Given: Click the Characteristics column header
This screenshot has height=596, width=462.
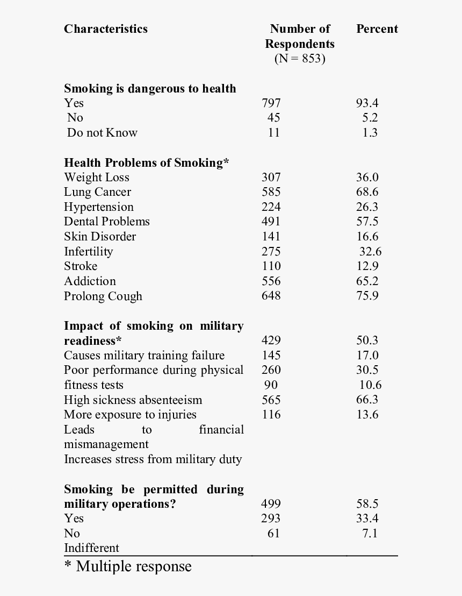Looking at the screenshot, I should coord(105,29).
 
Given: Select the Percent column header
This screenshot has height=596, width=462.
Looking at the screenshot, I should coord(377,29).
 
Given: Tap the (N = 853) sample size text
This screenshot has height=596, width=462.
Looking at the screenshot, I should coord(300,59).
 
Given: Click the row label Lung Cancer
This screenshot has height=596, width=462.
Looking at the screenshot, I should coord(97,192).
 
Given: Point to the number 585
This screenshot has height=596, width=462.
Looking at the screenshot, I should coord(271,192).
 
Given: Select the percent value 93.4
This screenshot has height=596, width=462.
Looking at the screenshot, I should coord(367,103).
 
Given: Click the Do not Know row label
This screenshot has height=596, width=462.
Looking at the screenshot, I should coord(102,133).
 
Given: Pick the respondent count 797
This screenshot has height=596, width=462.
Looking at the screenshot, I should coord(271,103).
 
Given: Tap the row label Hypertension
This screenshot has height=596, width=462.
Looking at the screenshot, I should coord(99,207).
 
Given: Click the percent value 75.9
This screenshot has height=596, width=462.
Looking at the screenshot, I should coord(367,296).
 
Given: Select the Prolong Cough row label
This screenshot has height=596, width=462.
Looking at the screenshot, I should coord(103,296).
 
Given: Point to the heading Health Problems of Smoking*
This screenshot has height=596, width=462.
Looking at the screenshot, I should coord(147,162).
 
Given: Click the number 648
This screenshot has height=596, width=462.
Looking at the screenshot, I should coord(271,296).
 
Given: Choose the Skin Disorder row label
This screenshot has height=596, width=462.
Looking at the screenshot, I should coord(100,237).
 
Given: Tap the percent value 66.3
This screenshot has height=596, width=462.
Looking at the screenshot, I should coord(367,400).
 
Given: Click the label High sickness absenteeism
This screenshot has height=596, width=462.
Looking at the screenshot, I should coord(133,400).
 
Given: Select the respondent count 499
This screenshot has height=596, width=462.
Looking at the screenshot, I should coord(271,504).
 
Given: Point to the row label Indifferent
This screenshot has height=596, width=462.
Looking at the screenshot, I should coord(91,548).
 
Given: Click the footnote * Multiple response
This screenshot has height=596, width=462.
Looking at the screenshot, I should coord(128,566).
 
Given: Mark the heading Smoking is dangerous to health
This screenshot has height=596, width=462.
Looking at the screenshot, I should coord(150,88).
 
